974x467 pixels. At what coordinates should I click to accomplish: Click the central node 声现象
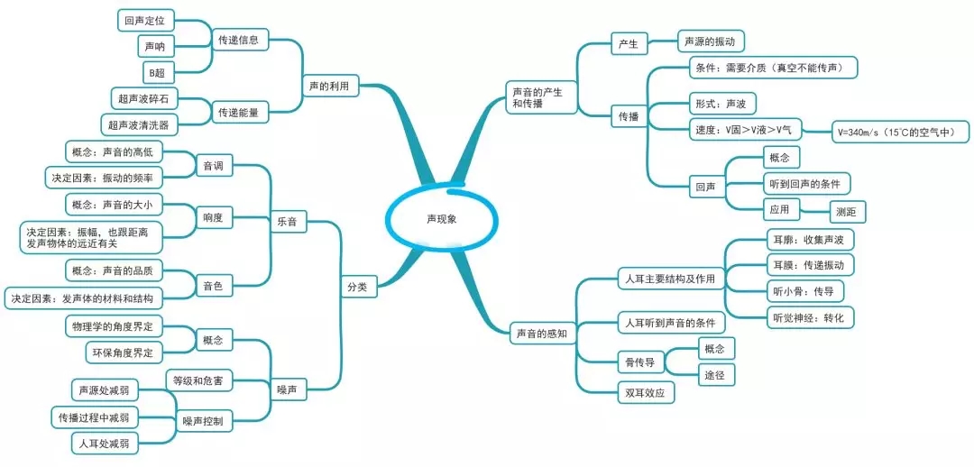[x=442, y=218]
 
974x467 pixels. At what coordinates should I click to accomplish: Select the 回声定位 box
[x=146, y=18]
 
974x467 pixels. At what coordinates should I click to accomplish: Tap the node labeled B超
[x=156, y=71]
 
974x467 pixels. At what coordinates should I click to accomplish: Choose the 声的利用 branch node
[x=327, y=86]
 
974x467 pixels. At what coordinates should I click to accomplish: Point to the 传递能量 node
[x=238, y=112]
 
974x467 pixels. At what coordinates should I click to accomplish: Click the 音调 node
[x=213, y=165]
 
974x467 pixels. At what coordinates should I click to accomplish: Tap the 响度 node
[x=213, y=217]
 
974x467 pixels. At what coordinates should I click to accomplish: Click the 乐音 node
[x=286, y=221]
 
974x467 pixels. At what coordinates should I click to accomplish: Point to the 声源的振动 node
[x=711, y=41]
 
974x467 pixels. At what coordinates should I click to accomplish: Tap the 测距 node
[x=847, y=212]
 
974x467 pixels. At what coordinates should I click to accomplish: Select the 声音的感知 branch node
[x=541, y=333]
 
